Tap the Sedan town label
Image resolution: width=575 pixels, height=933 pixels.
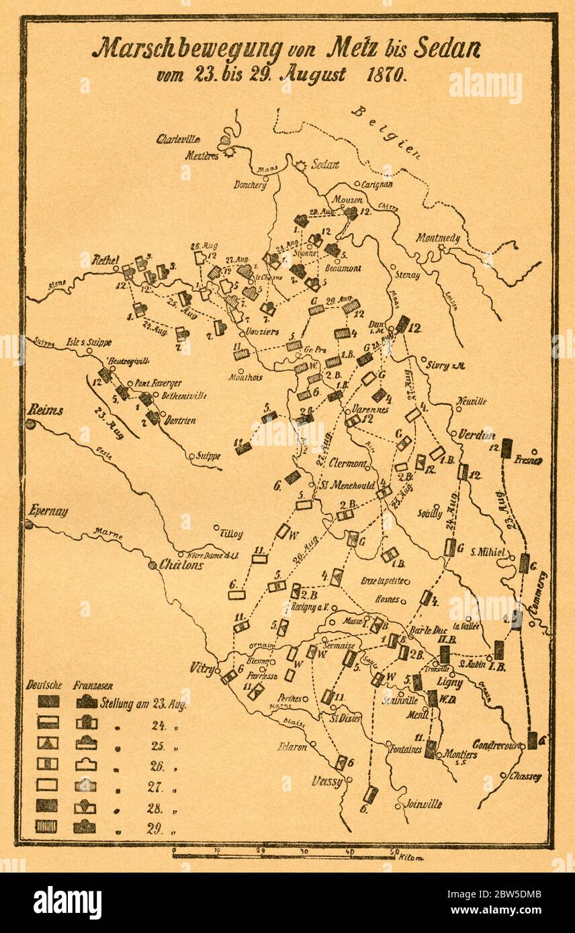(324, 164)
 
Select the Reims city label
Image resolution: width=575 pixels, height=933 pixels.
(46, 410)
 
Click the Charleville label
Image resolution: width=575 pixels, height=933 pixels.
(178, 140)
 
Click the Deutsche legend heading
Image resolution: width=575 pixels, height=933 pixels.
(44, 685)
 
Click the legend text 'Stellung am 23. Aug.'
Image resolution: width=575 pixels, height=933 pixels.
(143, 705)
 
